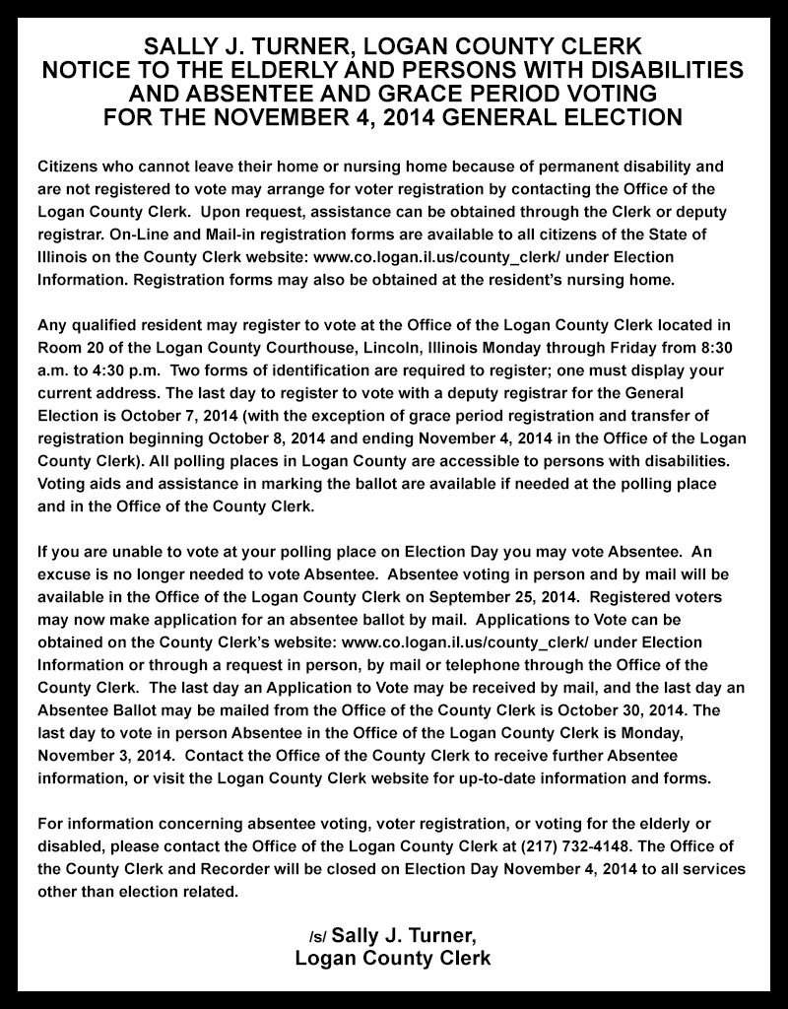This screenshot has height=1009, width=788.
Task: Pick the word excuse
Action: point(60,574)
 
